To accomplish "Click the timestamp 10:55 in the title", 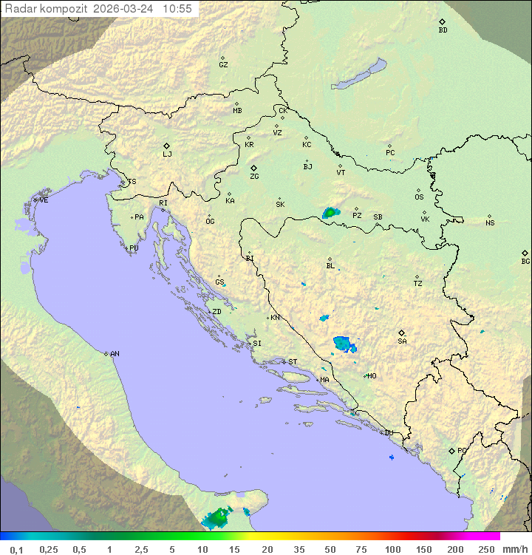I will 178,9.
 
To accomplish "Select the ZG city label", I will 254,177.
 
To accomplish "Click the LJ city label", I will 167,154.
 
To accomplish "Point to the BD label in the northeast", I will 443,30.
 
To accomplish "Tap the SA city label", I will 402,341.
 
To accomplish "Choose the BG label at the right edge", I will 525,261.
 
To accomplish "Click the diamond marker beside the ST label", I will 284,361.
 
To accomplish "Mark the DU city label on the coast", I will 389,433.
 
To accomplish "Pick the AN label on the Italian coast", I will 115,354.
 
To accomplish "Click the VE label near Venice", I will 44,200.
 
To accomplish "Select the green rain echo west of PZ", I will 330,213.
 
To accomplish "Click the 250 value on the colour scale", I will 486,549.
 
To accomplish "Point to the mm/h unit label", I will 514,549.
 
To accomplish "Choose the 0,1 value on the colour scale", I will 16,549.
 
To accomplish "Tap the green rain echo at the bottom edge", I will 217,519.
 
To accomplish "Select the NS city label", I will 490,223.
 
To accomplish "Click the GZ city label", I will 223,65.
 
